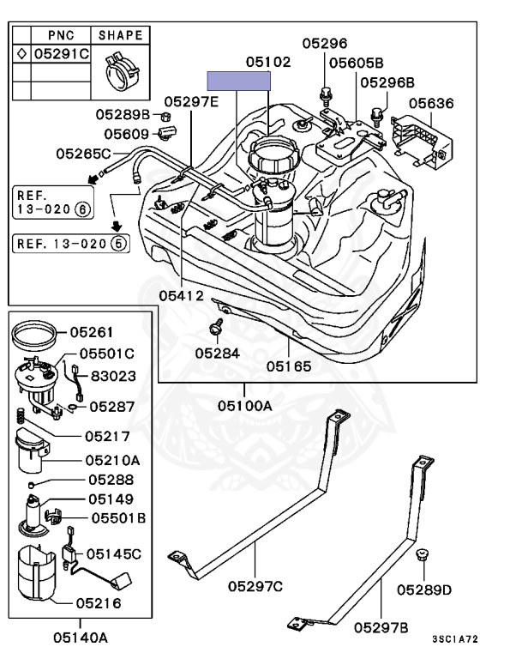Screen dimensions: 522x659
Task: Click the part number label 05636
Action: point(431,103)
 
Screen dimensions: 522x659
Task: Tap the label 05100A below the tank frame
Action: point(245,406)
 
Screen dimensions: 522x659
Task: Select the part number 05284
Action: point(217,354)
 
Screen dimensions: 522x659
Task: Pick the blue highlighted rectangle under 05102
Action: point(239,81)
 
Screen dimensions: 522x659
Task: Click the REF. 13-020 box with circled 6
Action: point(53,203)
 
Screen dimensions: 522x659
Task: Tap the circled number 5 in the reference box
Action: point(119,244)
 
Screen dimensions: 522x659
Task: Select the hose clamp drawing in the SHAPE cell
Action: point(122,70)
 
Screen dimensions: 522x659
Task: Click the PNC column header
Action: point(61,35)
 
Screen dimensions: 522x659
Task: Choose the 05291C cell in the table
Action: point(62,54)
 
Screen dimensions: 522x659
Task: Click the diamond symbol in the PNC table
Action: point(21,54)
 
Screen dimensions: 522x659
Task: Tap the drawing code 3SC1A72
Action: point(455,639)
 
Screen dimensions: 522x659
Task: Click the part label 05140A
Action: point(81,638)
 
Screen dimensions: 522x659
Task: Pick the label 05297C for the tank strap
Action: point(255,586)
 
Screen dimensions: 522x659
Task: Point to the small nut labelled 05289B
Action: point(165,116)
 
